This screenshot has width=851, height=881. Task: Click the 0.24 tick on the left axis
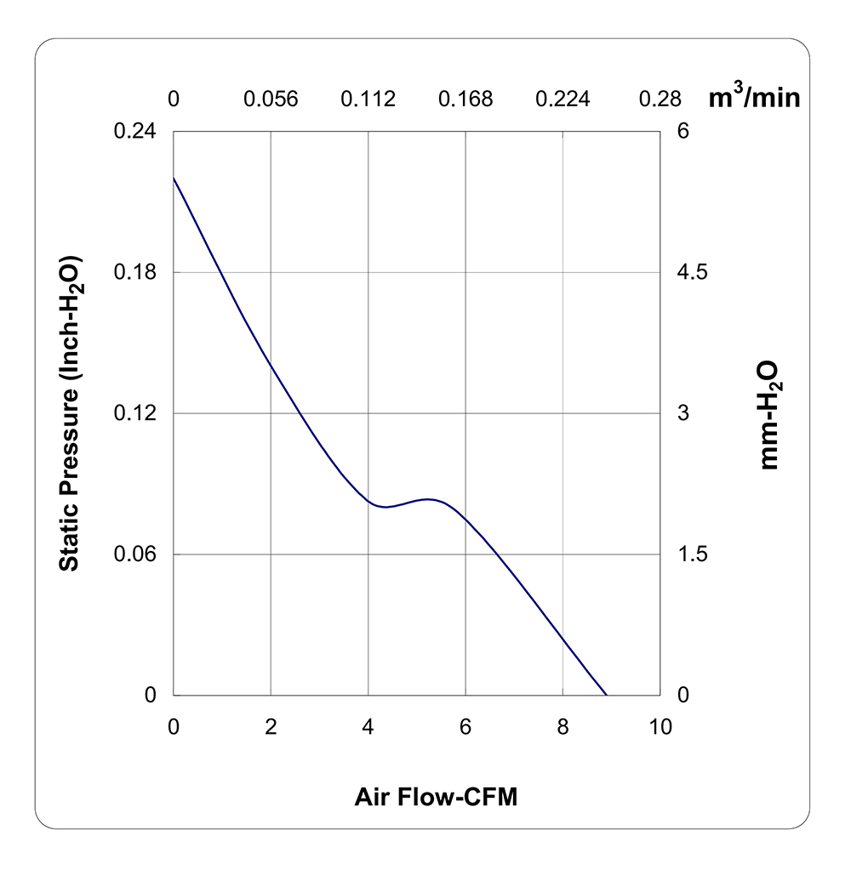[135, 131]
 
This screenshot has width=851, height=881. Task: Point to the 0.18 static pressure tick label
[135, 272]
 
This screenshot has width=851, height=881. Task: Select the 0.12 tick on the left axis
[135, 413]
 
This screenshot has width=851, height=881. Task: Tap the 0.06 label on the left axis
[135, 554]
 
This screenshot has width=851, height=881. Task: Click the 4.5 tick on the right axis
[693, 272]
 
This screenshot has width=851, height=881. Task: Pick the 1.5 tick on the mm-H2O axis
[693, 554]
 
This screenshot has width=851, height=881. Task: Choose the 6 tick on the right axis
[683, 131]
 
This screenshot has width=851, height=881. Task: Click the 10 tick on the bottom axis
[660, 727]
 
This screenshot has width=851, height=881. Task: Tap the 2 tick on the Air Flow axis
[271, 727]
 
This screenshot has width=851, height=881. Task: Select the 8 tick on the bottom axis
[563, 727]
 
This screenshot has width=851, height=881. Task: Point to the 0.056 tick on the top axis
[271, 99]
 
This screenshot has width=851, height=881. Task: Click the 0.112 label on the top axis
[368, 99]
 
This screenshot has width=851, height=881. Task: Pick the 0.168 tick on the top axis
[465, 99]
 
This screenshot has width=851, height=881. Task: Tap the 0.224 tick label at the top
[563, 99]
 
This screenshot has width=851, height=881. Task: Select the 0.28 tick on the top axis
[660, 99]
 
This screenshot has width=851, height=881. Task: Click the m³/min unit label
[754, 95]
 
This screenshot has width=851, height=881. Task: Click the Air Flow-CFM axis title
[437, 797]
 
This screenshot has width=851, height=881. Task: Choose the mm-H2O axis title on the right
[769, 415]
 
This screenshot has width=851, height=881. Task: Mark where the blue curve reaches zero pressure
[607, 695]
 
